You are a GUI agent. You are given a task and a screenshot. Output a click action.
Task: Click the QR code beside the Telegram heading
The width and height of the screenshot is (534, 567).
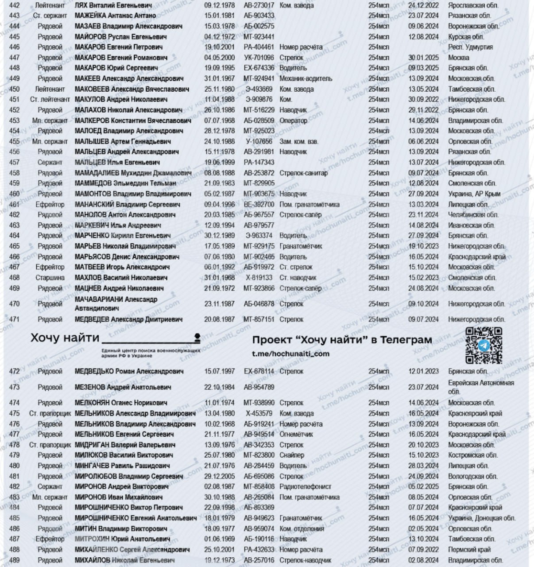click(x=484, y=345)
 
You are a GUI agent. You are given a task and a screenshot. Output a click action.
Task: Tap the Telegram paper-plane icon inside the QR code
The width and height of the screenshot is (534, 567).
click(x=484, y=346)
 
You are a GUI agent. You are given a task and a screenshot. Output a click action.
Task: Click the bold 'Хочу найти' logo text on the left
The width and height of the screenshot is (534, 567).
click(x=65, y=338)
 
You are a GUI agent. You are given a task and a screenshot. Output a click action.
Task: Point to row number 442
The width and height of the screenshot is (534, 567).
click(x=14, y=5)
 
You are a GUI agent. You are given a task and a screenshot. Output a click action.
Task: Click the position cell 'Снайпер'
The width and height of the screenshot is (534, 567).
click(x=292, y=455)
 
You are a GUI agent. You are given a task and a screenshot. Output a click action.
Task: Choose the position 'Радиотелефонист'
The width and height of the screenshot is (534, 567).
click(x=306, y=487)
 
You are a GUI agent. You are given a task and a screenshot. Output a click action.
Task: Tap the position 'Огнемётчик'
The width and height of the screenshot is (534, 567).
click(x=296, y=435)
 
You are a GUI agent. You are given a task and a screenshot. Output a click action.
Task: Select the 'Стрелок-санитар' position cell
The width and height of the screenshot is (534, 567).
click(x=303, y=173)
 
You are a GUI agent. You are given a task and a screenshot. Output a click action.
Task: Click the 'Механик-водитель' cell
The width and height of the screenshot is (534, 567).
click(x=306, y=79)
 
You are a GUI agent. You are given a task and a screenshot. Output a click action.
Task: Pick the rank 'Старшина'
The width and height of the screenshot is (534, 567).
click(x=50, y=278)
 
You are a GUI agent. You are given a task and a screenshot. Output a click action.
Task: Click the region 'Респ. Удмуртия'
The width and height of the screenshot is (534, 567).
click(x=470, y=47)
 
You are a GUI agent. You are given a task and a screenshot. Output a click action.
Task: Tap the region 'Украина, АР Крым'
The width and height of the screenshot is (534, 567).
click(x=474, y=194)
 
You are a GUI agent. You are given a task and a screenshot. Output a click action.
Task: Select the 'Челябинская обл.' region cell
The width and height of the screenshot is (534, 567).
click(x=473, y=215)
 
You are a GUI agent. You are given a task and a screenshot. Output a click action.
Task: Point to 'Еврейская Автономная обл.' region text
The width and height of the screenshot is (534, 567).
click(x=480, y=387)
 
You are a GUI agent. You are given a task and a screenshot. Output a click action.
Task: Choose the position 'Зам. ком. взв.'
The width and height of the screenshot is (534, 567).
click(x=298, y=142)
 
